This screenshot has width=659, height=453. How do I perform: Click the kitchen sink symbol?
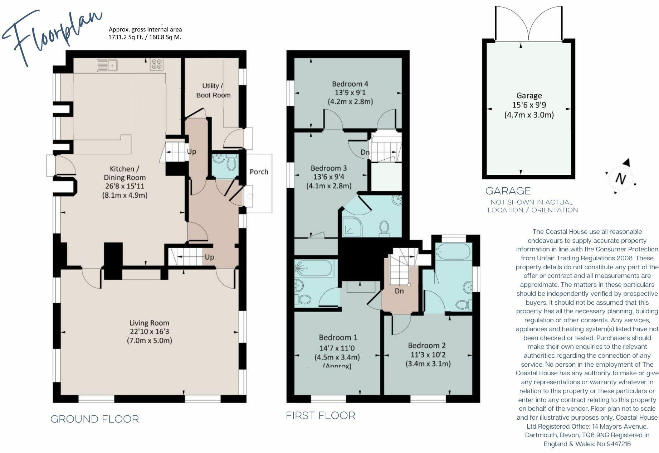(108, 66)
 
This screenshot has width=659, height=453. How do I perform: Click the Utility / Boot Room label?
(213, 90)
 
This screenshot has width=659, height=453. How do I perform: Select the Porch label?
(259, 172)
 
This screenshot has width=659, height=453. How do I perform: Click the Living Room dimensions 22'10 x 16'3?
(149, 332)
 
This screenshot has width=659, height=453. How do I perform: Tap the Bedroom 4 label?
(350, 84)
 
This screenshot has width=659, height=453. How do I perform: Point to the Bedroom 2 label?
(427, 345)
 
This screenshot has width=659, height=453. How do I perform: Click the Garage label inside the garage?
(529, 96)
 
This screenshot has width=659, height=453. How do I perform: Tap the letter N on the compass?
(621, 178)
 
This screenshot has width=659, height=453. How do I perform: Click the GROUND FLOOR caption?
(94, 419)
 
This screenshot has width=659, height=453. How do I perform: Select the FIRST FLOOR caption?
(320, 415)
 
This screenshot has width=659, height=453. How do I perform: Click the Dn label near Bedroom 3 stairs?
(365, 152)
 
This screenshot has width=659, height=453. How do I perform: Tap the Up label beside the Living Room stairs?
(209, 257)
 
